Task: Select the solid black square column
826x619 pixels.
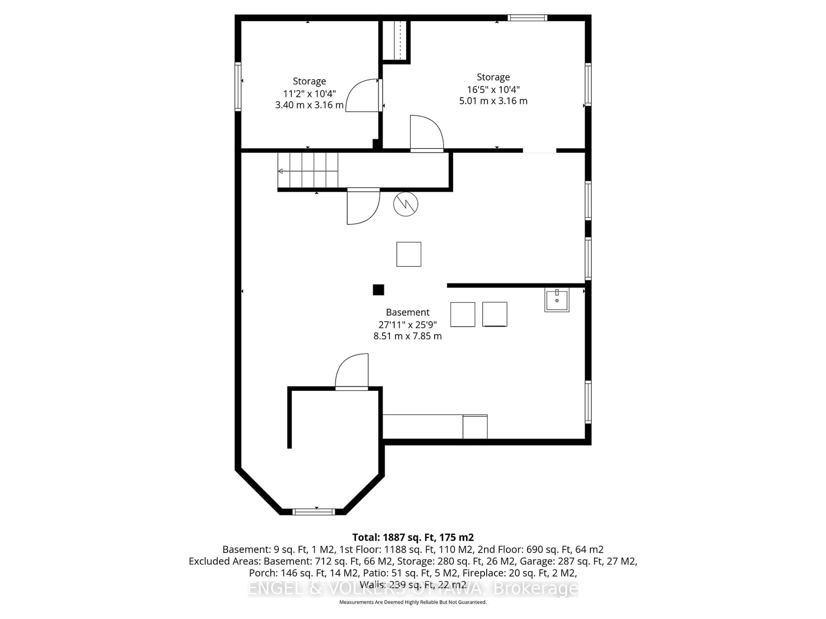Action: [x=378, y=290]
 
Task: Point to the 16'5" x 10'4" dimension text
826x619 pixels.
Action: [x=493, y=90]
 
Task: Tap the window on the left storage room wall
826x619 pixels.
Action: [x=238, y=87]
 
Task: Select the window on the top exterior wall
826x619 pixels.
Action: [x=527, y=18]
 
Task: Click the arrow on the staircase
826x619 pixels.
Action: [x=280, y=171]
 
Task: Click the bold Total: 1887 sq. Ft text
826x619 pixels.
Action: [x=413, y=537]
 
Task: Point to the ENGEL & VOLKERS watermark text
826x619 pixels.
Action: [x=413, y=588]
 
